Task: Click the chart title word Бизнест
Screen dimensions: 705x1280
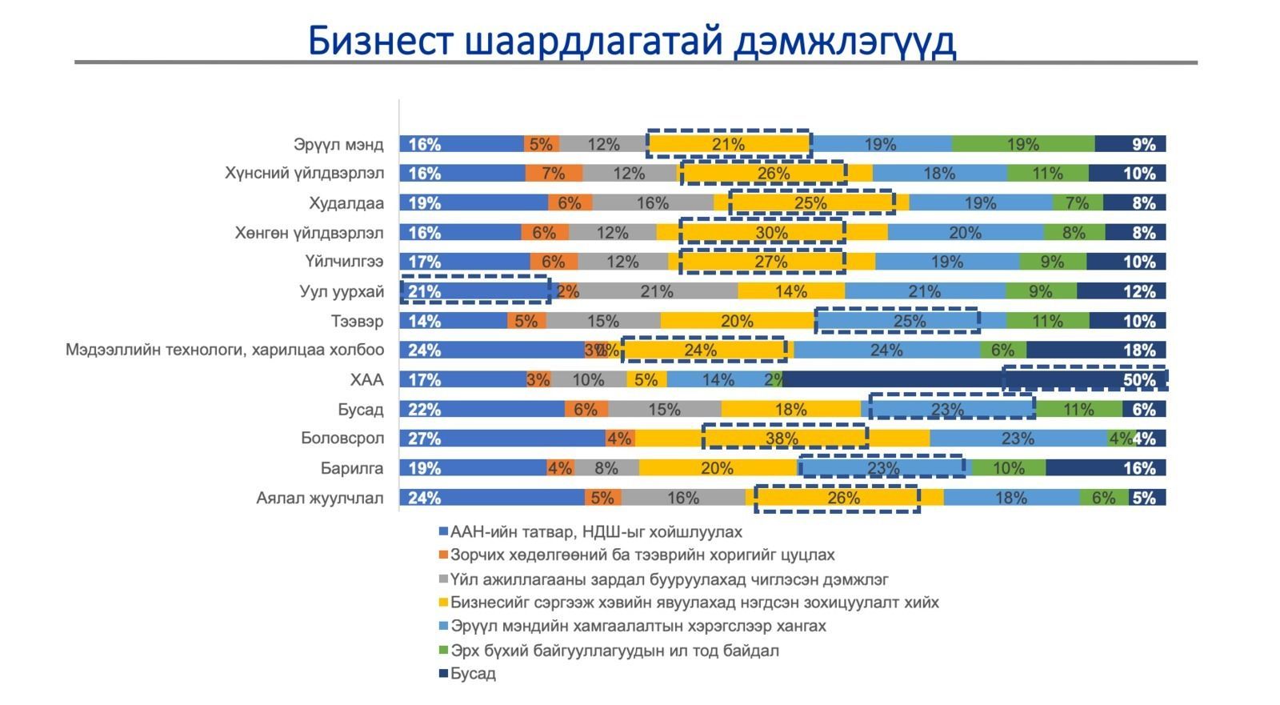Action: click(x=379, y=41)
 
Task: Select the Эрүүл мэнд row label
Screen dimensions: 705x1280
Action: click(x=338, y=145)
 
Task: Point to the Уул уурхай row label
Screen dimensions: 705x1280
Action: click(x=342, y=291)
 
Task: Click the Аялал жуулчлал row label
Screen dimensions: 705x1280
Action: click(x=320, y=498)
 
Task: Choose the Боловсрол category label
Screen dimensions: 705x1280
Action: click(x=342, y=439)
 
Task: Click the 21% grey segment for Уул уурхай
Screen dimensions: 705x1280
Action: click(x=658, y=291)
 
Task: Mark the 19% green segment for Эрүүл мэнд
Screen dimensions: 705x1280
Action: click(x=1022, y=145)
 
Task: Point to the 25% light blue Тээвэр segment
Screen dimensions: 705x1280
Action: click(x=910, y=321)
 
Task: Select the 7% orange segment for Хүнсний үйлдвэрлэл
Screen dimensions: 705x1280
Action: click(x=554, y=174)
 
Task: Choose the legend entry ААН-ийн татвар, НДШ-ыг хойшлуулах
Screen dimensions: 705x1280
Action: click(x=596, y=532)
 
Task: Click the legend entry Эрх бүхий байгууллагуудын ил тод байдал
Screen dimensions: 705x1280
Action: click(x=614, y=651)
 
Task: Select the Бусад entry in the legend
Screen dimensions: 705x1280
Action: click(x=473, y=674)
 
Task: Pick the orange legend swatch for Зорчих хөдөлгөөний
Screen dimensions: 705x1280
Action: click(x=442, y=555)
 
